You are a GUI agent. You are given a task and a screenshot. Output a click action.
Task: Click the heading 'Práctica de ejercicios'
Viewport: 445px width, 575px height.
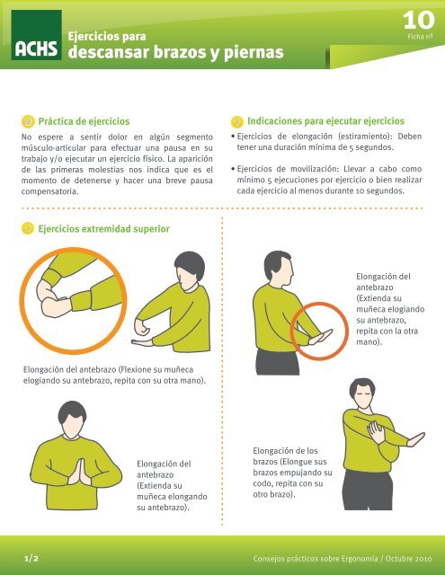(90, 120)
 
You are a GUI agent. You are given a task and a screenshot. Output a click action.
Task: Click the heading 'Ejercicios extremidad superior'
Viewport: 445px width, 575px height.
(104, 229)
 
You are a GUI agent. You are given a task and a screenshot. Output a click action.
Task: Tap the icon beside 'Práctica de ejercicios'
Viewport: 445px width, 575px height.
(29, 120)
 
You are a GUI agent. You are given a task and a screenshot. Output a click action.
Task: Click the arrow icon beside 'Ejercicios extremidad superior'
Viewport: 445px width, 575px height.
(29, 229)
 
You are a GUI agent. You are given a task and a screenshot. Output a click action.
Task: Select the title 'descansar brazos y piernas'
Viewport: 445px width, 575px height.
(176, 53)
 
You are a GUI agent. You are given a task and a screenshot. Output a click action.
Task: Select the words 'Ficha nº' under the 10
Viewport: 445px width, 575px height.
(420, 37)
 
